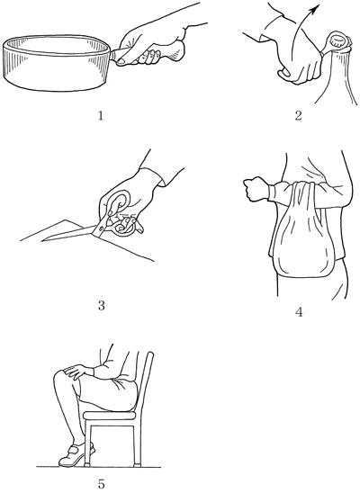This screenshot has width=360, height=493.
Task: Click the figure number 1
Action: (101, 116)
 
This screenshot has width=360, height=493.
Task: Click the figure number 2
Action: (298, 115)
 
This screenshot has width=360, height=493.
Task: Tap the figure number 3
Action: (101, 305)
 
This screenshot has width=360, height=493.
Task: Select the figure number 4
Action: (299, 312)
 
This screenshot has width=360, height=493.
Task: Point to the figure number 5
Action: (101, 484)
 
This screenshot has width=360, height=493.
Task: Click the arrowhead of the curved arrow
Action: (315, 9)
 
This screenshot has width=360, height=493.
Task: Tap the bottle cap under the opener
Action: (339, 40)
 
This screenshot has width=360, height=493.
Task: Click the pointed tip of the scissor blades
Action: (43, 241)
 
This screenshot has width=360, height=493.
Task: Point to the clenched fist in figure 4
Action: (256, 188)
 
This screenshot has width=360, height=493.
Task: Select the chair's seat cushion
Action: (110, 416)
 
